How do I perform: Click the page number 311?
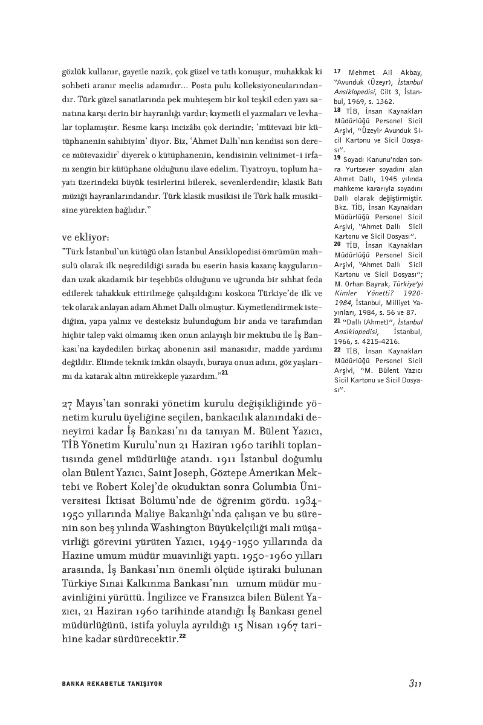click(x=414, y=683)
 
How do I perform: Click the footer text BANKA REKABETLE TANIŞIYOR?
click(x=112, y=684)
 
